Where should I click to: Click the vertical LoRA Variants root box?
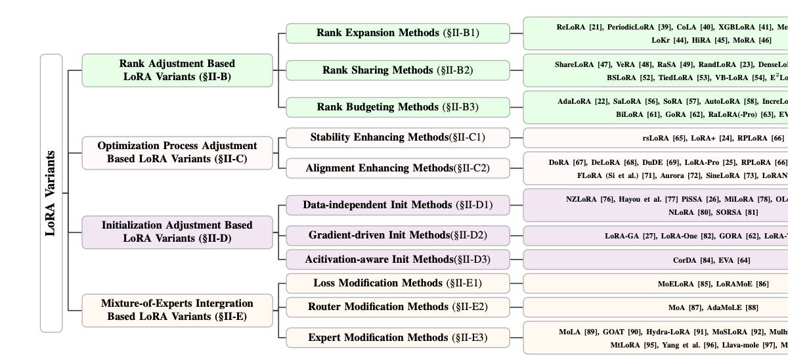point(51,193)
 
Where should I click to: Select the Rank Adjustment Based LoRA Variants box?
point(177,70)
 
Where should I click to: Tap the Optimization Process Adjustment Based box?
point(177,152)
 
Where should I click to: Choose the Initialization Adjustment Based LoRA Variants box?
point(177,232)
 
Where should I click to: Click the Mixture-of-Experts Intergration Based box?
point(177,310)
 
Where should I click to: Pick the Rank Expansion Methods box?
point(397,33)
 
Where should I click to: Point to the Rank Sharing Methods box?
point(397,70)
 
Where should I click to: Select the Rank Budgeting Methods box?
point(397,106)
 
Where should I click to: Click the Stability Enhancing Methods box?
point(397,138)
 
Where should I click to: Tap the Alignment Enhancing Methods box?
point(397,168)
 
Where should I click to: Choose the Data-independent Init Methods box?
point(397,205)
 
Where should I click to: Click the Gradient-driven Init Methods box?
point(397,235)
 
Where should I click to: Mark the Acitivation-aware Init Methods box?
point(397,259)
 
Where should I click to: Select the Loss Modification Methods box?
point(397,283)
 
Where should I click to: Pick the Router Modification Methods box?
point(397,307)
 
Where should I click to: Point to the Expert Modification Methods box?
point(397,338)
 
